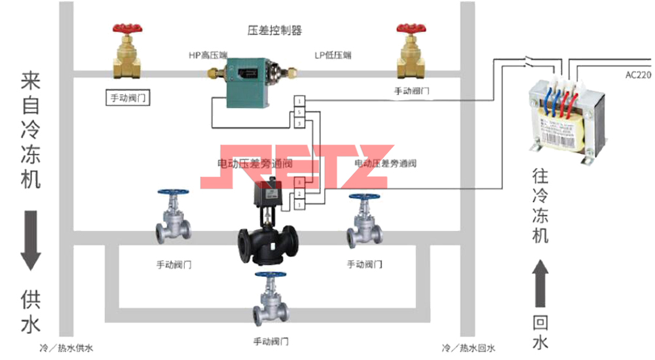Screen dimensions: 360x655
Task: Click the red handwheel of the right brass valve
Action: click(411, 30)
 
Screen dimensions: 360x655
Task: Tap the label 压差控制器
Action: click(274, 30)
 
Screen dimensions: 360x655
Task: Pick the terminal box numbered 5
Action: click(299, 113)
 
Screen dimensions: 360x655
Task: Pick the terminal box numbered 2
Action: click(299, 194)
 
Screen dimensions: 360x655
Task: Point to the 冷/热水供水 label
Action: click(66, 348)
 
